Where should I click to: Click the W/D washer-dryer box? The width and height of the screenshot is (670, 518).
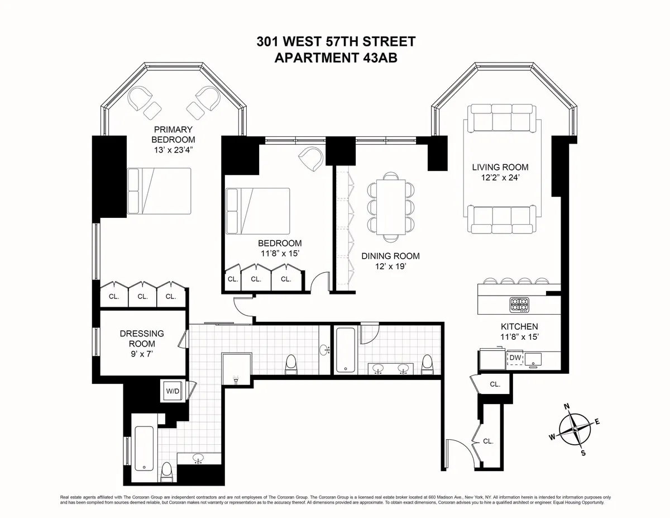tap(173, 391)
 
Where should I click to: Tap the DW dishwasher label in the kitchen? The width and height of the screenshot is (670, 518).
tap(515, 357)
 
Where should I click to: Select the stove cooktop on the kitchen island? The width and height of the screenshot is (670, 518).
tap(519, 305)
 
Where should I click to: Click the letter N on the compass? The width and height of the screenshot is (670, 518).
tap(566, 406)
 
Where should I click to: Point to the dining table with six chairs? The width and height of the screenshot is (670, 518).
tap(391, 206)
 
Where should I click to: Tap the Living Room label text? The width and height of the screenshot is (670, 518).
tap(500, 167)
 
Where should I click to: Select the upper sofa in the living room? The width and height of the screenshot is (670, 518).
tap(503, 118)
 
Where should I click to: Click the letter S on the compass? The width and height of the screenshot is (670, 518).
tap(584, 453)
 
